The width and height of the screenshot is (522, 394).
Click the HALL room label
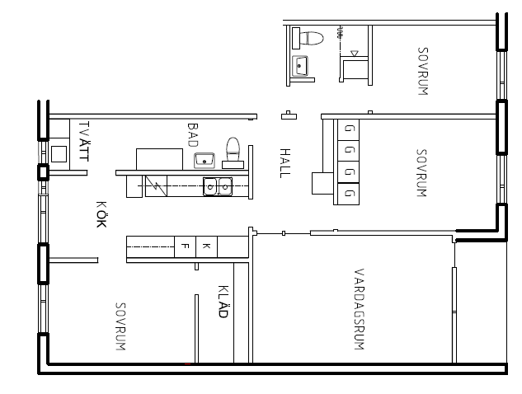285,163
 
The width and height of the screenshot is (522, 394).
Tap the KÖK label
101,214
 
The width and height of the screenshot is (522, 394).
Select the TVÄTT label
84,141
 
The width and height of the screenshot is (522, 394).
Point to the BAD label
193,135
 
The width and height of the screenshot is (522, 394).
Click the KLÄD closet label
223,302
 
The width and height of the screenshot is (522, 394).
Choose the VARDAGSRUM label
359,309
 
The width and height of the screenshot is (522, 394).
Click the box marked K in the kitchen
206,246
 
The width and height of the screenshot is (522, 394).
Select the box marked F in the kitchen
186,246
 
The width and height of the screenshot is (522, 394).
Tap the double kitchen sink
218,186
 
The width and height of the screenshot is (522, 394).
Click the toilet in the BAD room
233,152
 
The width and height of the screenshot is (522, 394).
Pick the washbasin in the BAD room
205,161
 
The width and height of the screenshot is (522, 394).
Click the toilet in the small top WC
308,38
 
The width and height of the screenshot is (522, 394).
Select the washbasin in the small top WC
299,66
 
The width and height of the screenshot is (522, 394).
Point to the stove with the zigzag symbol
156,186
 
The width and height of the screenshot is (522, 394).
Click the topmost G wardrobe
348,130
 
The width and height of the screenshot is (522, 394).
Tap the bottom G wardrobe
348,194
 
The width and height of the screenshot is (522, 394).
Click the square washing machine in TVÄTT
59,154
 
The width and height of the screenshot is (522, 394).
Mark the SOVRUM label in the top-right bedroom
423,71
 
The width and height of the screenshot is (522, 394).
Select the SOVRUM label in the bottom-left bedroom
120,326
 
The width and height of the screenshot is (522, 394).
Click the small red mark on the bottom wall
188,364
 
